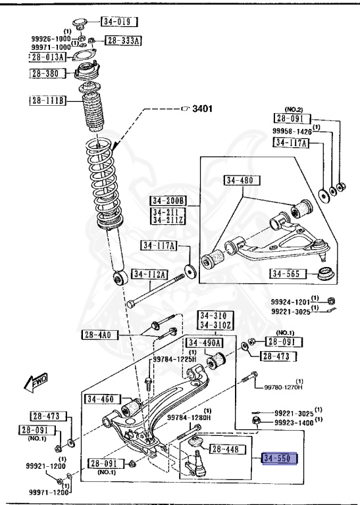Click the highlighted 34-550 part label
pos(279,458)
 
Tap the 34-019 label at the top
pos(120,22)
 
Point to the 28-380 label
pos(47,74)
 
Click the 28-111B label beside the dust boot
pos(47,101)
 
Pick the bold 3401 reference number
pos(203,108)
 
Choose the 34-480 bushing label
pos(242,180)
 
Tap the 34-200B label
pos(168,201)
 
